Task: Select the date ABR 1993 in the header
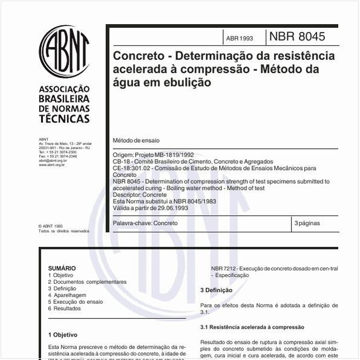[x=240, y=38]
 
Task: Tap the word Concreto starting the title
[x=139, y=56]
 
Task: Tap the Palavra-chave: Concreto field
[x=145, y=223]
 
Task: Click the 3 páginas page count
[x=307, y=223]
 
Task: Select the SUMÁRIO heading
[x=62, y=268]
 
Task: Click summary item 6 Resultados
[x=64, y=308]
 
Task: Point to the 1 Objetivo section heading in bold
[x=63, y=334]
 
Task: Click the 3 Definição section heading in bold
[x=216, y=290]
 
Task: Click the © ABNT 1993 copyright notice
[x=50, y=226]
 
